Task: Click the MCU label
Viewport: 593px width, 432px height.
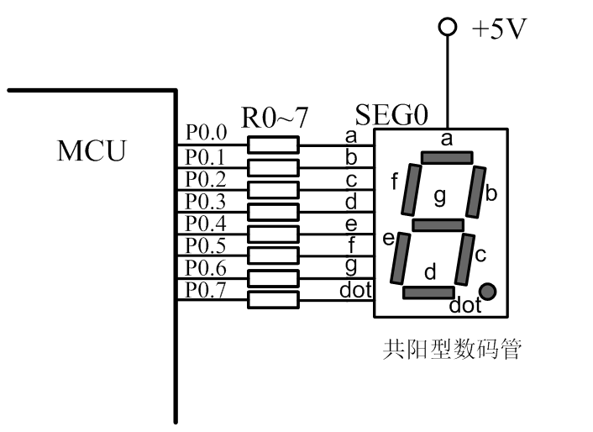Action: pos(92,152)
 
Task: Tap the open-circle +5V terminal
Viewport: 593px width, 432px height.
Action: pos(448,28)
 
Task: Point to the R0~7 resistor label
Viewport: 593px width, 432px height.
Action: pos(275,119)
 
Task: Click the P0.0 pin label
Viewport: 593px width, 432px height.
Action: pos(207,133)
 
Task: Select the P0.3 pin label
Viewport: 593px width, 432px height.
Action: pos(207,201)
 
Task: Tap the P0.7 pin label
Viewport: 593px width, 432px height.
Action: pos(207,290)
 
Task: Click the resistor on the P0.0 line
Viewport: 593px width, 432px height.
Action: pos(273,145)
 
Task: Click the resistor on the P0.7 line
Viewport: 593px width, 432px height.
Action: pos(273,298)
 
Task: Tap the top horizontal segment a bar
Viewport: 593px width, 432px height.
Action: pos(447,157)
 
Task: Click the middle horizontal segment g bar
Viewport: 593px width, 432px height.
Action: pos(438,225)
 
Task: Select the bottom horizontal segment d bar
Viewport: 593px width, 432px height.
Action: pos(428,292)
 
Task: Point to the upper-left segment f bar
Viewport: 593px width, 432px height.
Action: pos(412,189)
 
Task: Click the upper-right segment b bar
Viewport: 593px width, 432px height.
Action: pos(477,191)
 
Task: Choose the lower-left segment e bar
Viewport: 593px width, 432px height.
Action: pos(400,258)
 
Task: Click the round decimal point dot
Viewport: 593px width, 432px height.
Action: pos(488,292)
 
